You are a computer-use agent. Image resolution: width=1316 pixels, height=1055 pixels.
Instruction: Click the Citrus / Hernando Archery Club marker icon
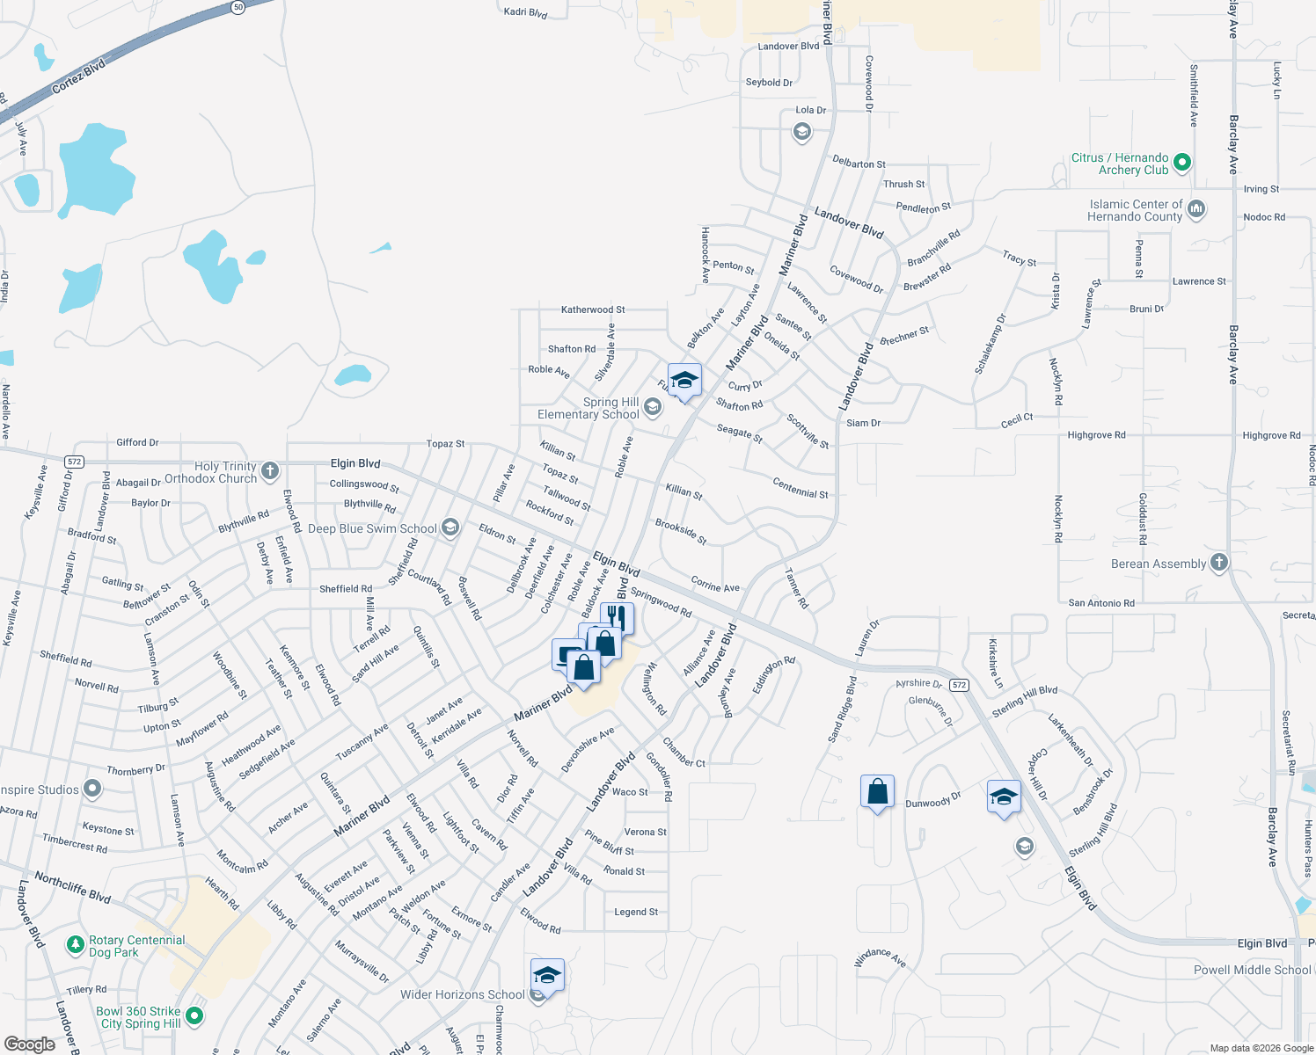(x=1182, y=163)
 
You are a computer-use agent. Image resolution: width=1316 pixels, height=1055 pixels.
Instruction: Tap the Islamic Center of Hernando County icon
(x=1195, y=209)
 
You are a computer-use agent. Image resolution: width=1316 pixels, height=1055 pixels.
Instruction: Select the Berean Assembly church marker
(x=1218, y=563)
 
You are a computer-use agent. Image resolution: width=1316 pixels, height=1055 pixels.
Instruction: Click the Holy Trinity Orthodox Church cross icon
(x=270, y=471)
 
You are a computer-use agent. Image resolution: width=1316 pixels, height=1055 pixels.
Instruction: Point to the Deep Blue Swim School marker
(x=450, y=527)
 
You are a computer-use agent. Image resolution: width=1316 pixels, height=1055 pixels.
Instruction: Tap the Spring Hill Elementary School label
(x=589, y=409)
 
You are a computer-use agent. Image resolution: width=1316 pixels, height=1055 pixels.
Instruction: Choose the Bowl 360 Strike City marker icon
(x=194, y=1016)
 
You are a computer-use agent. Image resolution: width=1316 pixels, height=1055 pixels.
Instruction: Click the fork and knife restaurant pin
(x=617, y=617)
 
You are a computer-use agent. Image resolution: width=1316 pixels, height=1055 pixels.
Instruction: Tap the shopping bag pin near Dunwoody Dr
(x=877, y=792)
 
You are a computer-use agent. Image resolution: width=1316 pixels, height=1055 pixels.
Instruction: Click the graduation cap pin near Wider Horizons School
(x=546, y=975)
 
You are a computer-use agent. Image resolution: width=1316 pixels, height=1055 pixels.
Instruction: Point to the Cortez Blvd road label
(x=78, y=77)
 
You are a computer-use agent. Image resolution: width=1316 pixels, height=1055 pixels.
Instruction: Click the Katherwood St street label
(x=593, y=309)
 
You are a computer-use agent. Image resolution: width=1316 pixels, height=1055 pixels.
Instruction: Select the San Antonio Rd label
(x=1101, y=603)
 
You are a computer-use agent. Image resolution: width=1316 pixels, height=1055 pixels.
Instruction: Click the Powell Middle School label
(x=1252, y=970)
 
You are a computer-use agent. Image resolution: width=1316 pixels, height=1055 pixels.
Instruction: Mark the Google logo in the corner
(x=29, y=1044)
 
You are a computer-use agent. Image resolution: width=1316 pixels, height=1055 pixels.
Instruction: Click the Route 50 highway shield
(x=238, y=7)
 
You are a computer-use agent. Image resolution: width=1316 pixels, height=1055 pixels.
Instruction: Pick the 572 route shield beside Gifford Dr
(x=74, y=462)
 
